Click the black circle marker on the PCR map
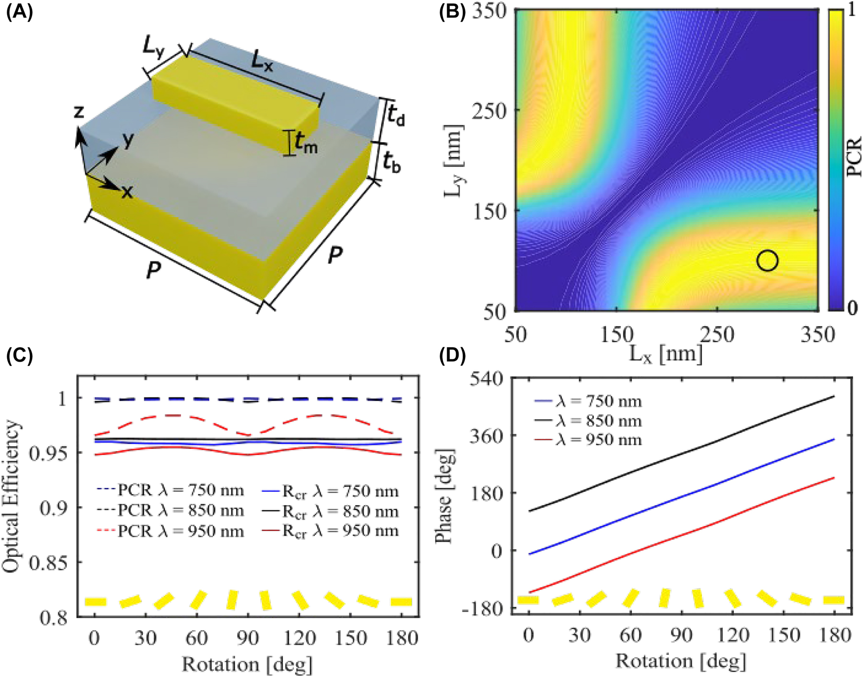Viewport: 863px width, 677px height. click(x=767, y=261)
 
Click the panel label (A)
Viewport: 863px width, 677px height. click(x=20, y=11)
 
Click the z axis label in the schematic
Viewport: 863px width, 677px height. click(x=79, y=112)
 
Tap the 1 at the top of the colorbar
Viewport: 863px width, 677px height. click(x=851, y=11)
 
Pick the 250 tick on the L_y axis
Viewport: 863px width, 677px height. click(x=490, y=111)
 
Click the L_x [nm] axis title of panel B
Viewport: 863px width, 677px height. click(x=666, y=354)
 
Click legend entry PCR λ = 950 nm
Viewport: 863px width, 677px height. click(x=181, y=531)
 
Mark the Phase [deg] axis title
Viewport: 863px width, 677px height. click(x=444, y=496)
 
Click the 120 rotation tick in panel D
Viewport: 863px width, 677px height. click(x=732, y=635)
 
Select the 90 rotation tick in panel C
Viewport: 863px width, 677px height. click(x=247, y=639)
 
